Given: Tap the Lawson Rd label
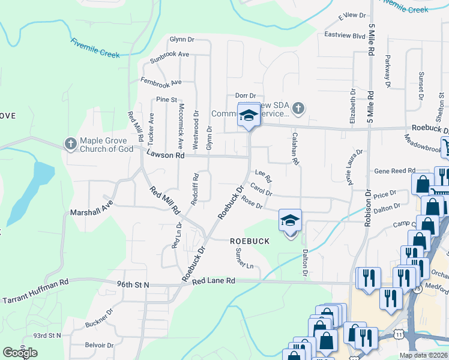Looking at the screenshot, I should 165,155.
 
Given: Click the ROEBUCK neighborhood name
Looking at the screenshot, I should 248,241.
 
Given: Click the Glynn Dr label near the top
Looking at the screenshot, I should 182,38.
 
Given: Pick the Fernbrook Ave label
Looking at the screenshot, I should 160,81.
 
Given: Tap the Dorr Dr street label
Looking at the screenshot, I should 246,95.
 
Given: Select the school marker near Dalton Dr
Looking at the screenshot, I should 291,220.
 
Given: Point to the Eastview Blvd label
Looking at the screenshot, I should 345,36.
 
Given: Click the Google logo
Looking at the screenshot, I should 20,353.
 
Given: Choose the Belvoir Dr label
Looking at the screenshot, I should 100,345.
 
